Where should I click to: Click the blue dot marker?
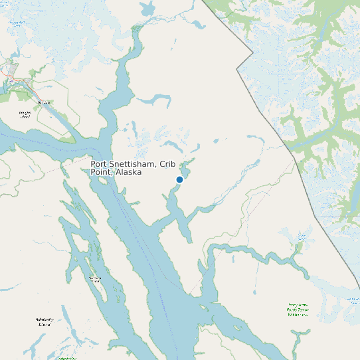click(x=179, y=179)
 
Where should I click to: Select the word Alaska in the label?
click(x=128, y=172)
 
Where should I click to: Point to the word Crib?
click(x=164, y=164)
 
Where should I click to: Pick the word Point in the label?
click(x=100, y=172)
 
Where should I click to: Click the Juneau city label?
click(x=45, y=102)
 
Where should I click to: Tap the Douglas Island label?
click(x=25, y=115)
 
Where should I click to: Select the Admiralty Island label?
click(x=44, y=323)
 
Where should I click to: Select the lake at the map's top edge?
click(x=147, y=8)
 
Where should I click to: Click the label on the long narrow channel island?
click(x=95, y=279)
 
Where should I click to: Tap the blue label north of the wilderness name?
click(x=304, y=236)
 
